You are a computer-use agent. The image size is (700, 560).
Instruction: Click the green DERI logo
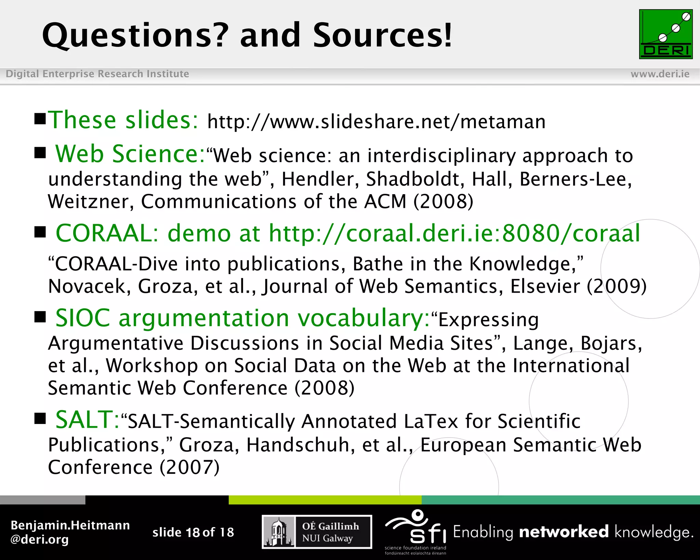[665, 34]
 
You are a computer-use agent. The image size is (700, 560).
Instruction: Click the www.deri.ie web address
[660, 74]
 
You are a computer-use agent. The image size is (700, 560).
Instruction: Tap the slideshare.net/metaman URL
[376, 122]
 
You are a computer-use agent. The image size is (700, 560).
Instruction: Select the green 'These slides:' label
[123, 120]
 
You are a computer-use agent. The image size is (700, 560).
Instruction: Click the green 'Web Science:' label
[130, 154]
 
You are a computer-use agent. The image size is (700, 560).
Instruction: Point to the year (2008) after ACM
[443, 201]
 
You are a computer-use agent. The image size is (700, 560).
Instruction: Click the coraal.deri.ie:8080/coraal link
[454, 234]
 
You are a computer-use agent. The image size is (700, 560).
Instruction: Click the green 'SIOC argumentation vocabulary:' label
[242, 318]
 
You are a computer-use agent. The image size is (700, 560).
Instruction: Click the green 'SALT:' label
[87, 420]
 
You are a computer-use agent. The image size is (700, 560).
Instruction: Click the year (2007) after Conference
[189, 467]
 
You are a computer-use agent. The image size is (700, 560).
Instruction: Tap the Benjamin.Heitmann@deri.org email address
[70, 532]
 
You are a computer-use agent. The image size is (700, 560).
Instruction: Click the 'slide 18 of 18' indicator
[193, 532]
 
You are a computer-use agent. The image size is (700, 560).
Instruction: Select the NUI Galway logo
[317, 532]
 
